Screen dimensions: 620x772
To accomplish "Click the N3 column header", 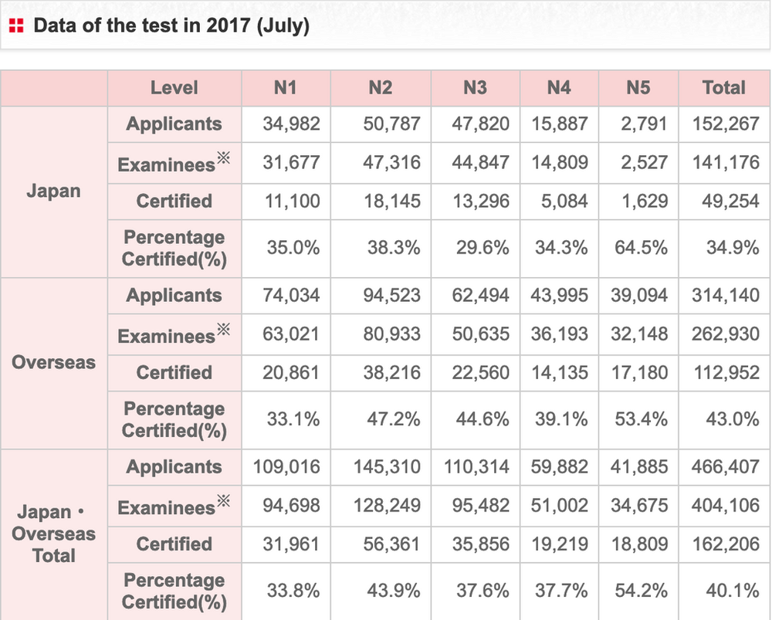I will [x=475, y=88].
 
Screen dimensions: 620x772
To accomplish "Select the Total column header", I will [x=723, y=88].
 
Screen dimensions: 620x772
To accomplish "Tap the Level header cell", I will [x=174, y=88].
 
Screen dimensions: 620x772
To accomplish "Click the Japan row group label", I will [x=54, y=191].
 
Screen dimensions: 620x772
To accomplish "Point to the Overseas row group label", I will [x=54, y=362].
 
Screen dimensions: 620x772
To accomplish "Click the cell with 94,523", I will [x=392, y=295].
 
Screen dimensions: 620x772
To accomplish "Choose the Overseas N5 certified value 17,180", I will [x=642, y=373].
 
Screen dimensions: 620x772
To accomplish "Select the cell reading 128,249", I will [x=388, y=506].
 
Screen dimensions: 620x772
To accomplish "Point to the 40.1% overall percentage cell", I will [x=733, y=591].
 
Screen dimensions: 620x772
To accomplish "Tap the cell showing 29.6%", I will [x=482, y=248].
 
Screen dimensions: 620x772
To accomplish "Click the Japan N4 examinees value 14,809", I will [x=560, y=162].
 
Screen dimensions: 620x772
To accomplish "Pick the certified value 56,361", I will [x=392, y=544].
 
